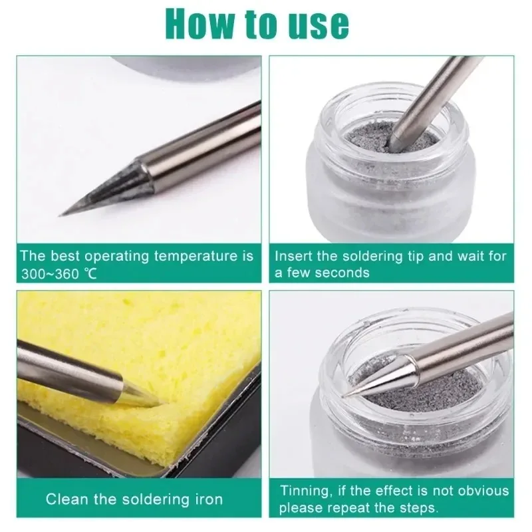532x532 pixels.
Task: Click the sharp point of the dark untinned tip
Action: coord(62,214)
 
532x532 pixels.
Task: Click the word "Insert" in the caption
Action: coord(291,256)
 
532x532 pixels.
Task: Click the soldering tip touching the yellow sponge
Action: coord(143,397)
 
